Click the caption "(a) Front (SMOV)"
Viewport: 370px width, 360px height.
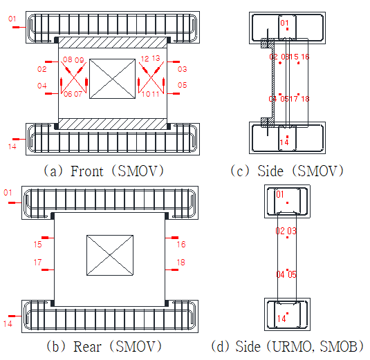point(104,171)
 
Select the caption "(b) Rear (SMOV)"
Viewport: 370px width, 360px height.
point(104,347)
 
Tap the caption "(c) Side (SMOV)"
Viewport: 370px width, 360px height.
point(287,171)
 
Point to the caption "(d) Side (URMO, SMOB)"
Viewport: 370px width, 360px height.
point(287,347)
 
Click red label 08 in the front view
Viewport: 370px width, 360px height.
point(68,59)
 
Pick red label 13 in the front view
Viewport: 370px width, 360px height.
point(156,58)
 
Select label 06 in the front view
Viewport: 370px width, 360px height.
point(68,94)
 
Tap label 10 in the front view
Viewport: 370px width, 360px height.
point(146,94)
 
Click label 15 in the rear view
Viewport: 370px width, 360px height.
point(38,245)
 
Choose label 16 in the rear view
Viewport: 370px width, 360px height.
point(181,245)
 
